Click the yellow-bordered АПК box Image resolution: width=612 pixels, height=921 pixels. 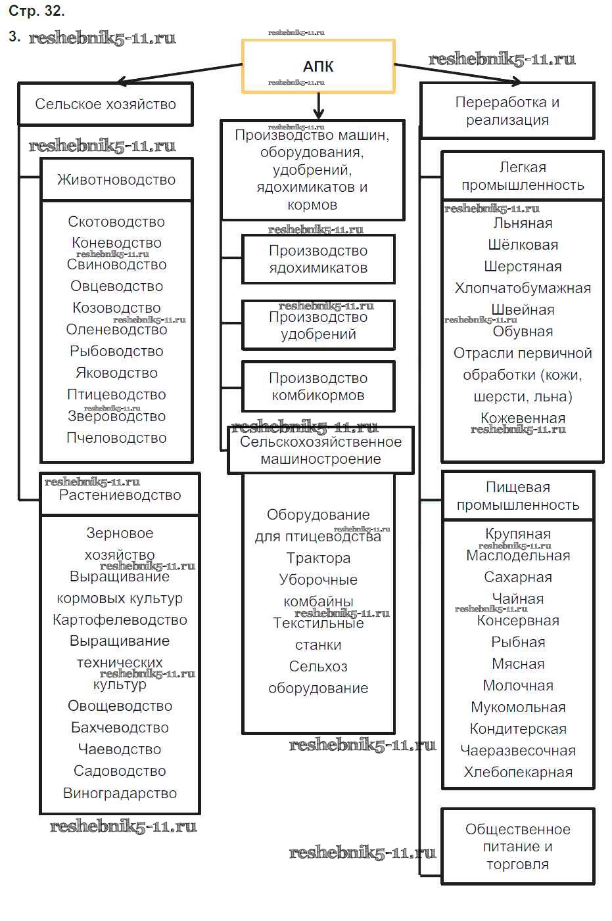click(318, 66)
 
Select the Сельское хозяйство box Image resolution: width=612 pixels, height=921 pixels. click(105, 104)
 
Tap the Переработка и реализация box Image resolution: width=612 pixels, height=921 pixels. click(507, 110)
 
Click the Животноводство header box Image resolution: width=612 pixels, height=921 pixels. click(116, 179)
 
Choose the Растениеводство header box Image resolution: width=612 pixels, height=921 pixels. click(120, 495)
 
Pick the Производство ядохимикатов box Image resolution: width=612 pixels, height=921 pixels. click(318, 259)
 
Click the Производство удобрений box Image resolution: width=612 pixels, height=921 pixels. click(318, 325)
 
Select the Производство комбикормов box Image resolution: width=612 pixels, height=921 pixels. click(318, 386)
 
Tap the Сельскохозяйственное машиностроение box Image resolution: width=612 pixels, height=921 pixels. click(321, 450)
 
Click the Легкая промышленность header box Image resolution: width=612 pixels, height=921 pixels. click(523, 175)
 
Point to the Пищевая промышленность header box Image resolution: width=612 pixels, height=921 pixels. click(518, 495)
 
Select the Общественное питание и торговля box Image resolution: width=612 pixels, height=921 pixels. click(518, 846)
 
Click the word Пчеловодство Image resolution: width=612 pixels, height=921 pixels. click(116, 438)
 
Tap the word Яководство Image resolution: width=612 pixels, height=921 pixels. click(116, 372)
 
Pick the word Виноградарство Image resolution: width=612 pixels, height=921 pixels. click(120, 793)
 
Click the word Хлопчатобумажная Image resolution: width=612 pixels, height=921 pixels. click(523, 288)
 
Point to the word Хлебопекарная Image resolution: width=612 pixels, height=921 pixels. click(518, 772)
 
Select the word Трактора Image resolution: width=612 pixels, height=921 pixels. click(318, 558)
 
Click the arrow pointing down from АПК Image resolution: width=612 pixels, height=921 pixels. click(319, 106)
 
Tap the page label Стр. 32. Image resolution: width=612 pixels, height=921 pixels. click(37, 11)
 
